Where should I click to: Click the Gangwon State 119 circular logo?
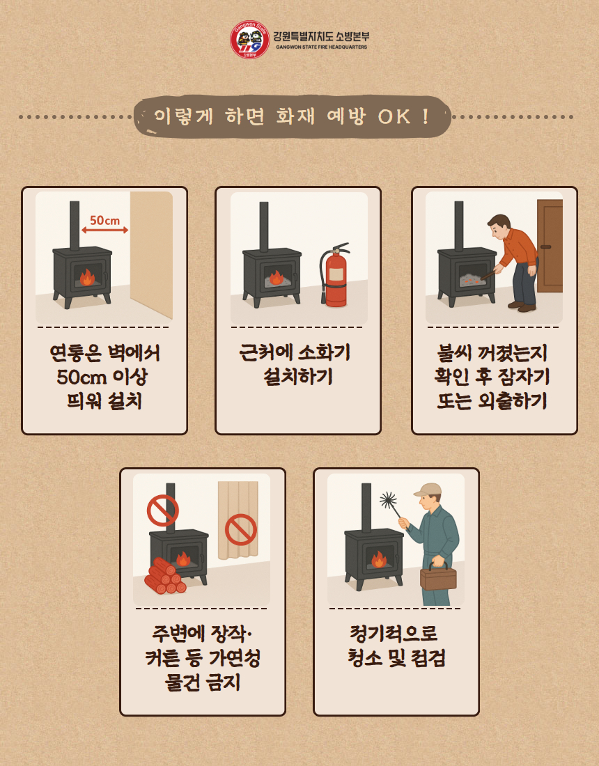pyautogui.click(x=249, y=40)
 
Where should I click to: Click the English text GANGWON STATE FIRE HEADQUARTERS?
pyautogui.click(x=321, y=47)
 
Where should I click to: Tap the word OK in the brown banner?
pyautogui.click(x=394, y=116)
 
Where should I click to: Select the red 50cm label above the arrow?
pyautogui.click(x=104, y=220)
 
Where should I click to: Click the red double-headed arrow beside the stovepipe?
pyautogui.click(x=104, y=230)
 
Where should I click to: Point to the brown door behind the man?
pyautogui.click(x=550, y=246)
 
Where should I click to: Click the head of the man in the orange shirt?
pyautogui.click(x=499, y=225)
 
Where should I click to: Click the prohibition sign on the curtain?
pyautogui.click(x=241, y=529)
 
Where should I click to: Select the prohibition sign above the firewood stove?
pyautogui.click(x=163, y=510)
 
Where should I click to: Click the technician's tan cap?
pyautogui.click(x=428, y=490)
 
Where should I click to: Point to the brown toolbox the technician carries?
pyautogui.click(x=438, y=577)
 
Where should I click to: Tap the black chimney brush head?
pyautogui.click(x=389, y=500)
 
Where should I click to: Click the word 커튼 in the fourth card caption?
pyautogui.click(x=162, y=658)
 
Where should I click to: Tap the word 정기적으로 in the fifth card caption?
pyautogui.click(x=394, y=634)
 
